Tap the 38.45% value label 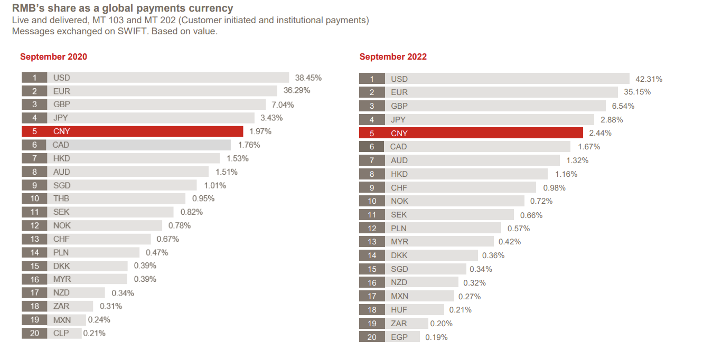308,78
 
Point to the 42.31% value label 649,79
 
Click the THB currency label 61,198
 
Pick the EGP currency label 399,337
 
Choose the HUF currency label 399,310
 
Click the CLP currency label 61,333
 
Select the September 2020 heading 53,56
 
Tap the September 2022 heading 393,56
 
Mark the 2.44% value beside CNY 601,133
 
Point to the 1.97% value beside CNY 260,131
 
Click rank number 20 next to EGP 372,337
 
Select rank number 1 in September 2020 34,78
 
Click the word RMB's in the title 26,8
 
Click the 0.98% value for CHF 554,188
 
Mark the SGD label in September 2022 399,269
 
